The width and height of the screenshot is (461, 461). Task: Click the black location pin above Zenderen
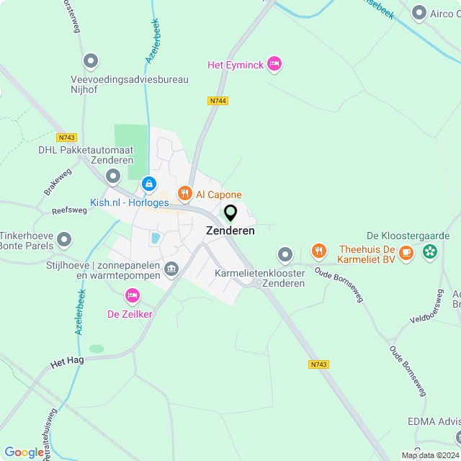coord(230,213)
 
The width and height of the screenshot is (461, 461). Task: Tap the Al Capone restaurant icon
coord(184,193)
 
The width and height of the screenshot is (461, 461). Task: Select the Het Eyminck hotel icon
coord(274,64)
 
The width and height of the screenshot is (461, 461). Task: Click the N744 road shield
coord(218,101)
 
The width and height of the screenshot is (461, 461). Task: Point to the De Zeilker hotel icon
coord(132,295)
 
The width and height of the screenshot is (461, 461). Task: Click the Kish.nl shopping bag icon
coord(148,184)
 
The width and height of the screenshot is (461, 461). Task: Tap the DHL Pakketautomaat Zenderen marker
coord(113,176)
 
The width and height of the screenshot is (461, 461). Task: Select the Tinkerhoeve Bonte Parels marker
coord(65,238)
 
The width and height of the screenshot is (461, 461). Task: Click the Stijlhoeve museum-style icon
coord(171,269)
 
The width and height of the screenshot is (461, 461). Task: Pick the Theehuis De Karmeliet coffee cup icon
coord(406,251)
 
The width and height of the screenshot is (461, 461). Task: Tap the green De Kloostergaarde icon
coord(430,251)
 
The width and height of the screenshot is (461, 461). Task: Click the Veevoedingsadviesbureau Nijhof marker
coord(91,61)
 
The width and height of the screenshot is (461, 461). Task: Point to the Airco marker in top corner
coord(419,12)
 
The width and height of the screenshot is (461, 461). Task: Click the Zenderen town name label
coord(230,231)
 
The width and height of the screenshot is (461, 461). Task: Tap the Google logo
coord(24,452)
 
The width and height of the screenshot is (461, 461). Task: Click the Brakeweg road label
coord(59,184)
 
